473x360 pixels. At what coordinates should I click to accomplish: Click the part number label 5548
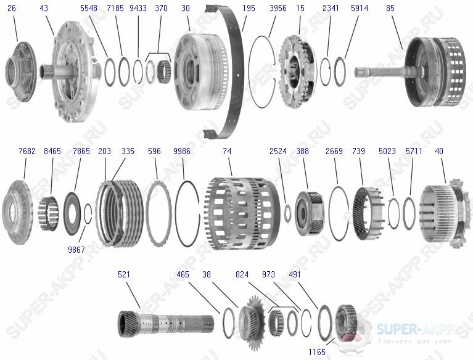tap(89, 8)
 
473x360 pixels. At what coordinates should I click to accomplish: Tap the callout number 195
tap(249, 8)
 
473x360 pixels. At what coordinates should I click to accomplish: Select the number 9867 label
tap(76, 249)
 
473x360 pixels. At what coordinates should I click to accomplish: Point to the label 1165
tap(317, 352)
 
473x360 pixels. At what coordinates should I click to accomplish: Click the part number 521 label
tap(124, 274)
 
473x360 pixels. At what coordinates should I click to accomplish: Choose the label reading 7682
tap(27, 151)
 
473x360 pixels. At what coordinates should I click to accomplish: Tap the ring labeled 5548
tap(110, 72)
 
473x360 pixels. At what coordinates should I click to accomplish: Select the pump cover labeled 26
tap(20, 72)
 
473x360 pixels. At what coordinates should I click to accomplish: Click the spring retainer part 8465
tap(48, 213)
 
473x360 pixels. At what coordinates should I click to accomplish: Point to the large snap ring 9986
tap(176, 213)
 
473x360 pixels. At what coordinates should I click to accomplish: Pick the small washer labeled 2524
tap(287, 213)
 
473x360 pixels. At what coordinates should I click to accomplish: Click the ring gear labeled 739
tap(368, 213)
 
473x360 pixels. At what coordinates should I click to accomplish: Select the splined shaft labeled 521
tap(166, 324)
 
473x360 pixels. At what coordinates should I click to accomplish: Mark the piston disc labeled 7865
tap(72, 213)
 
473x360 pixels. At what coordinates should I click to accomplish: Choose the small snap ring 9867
tap(88, 214)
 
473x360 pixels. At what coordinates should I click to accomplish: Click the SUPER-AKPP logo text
tap(416, 329)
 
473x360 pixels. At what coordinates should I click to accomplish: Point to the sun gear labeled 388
tap(309, 213)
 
